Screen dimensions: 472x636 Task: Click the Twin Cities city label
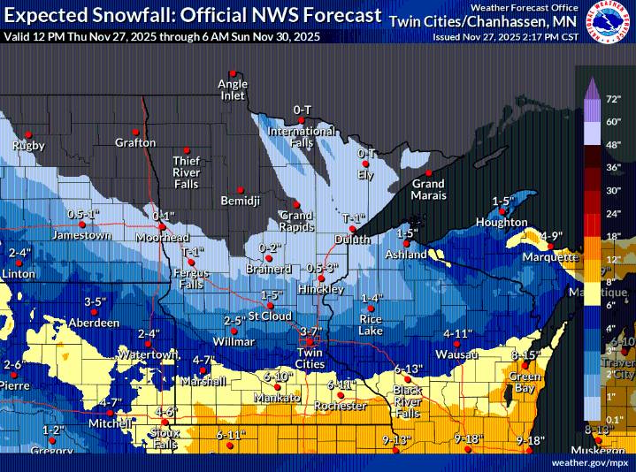[x=309, y=359]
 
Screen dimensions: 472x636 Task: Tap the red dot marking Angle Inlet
[x=233, y=73]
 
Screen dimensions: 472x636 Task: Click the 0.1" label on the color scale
[x=614, y=418]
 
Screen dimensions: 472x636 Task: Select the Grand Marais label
[x=428, y=189]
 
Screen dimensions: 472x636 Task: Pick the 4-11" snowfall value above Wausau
[x=458, y=333]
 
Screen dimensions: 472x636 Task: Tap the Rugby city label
[x=28, y=144]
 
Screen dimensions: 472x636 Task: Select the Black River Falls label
[x=408, y=401]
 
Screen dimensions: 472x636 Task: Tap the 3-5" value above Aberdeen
[x=95, y=301]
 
